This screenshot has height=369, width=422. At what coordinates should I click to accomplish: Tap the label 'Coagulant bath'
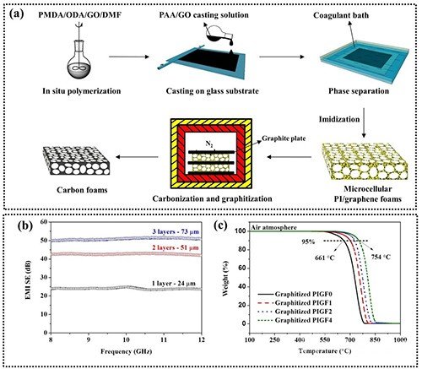click(341, 15)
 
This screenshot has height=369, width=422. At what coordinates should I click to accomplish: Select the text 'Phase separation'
click(359, 91)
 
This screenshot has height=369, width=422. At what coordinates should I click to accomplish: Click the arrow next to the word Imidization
click(364, 122)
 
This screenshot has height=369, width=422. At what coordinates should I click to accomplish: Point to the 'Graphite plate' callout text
click(284, 138)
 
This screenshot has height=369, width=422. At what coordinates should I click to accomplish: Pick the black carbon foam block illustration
click(76, 160)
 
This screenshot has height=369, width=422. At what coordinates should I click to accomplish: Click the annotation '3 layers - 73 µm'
click(176, 232)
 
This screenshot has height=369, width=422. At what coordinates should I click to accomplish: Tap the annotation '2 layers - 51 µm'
click(176, 248)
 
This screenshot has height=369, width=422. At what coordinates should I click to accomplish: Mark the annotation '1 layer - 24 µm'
click(174, 284)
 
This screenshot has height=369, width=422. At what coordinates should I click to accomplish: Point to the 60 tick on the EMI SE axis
click(44, 222)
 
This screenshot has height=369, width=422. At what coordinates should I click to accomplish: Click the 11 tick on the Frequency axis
click(164, 339)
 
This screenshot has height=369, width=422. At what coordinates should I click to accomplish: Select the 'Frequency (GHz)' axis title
click(126, 351)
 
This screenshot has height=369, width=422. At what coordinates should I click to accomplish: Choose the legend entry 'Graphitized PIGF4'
click(295, 320)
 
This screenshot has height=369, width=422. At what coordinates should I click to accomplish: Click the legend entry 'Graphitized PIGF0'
click(295, 295)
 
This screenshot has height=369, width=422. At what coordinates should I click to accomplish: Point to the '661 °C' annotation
click(324, 258)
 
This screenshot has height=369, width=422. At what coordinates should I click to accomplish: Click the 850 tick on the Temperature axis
click(375, 339)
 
